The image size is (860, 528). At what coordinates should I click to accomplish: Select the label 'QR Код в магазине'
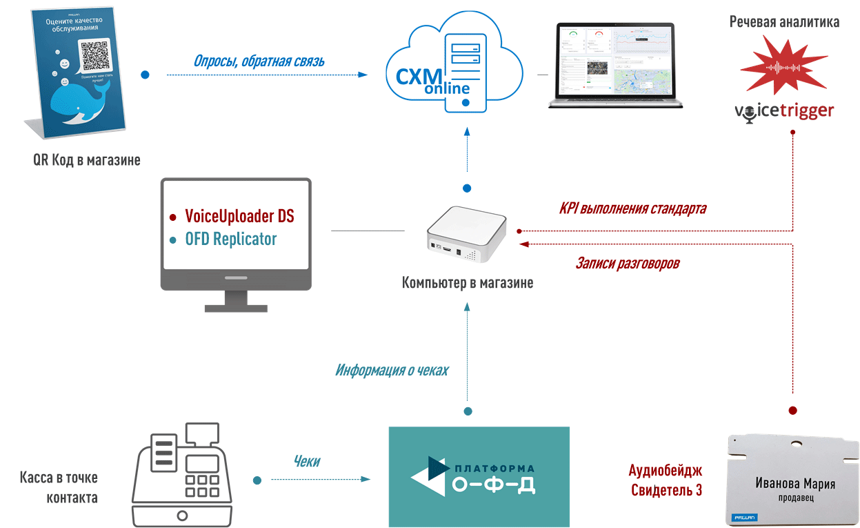click(87, 160)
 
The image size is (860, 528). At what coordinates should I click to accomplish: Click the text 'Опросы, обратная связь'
click(259, 61)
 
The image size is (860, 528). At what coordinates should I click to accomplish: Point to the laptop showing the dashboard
click(615, 66)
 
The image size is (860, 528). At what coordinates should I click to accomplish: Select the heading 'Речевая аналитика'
click(784, 22)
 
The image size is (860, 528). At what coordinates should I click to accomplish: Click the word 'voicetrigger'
click(784, 111)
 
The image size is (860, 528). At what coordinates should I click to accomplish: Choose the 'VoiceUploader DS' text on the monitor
click(239, 216)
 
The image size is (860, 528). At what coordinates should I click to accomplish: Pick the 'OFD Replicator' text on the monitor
click(231, 239)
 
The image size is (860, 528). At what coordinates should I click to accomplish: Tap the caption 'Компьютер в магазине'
click(468, 283)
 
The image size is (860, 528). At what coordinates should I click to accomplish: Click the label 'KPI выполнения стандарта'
click(632, 208)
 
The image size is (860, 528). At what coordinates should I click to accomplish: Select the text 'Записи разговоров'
click(627, 263)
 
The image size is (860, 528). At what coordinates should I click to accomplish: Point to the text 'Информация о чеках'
click(392, 371)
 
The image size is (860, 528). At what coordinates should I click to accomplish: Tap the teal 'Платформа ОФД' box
click(479, 476)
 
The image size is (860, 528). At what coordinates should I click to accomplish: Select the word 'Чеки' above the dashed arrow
click(306, 461)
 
